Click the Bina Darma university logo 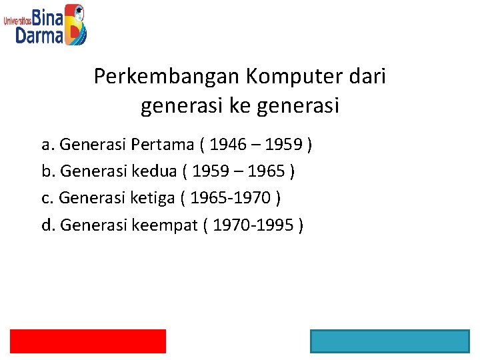[45, 24]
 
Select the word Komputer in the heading [289, 77]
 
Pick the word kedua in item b [156, 171]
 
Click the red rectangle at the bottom [87, 341]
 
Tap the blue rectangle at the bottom [389, 341]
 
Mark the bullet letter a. [47, 144]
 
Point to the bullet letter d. [47, 225]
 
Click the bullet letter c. [46, 198]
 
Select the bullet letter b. [47, 171]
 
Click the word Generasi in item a [93, 144]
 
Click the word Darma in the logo [39, 35]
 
